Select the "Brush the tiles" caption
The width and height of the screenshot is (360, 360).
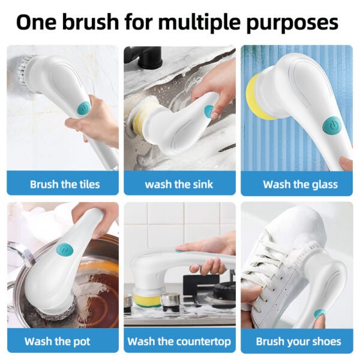65,184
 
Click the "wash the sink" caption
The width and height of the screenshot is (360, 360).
179,184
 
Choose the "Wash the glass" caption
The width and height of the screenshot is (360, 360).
300,184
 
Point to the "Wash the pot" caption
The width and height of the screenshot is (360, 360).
58,341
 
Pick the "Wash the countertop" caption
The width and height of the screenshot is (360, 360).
179,341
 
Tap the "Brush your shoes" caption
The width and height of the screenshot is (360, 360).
298,341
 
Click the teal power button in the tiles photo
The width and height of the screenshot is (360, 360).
83,110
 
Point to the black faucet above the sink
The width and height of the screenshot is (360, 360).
144,61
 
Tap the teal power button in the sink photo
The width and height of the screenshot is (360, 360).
208,112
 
